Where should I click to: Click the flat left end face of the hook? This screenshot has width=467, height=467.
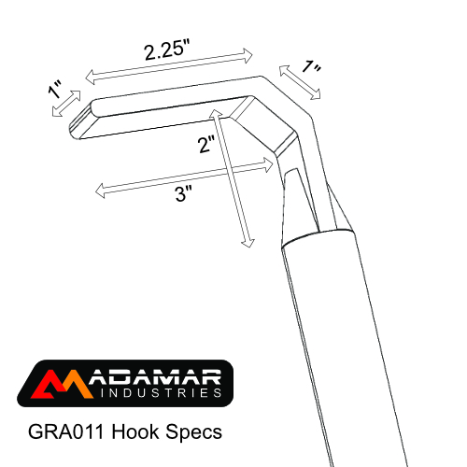pyautogui.click(x=81, y=119)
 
